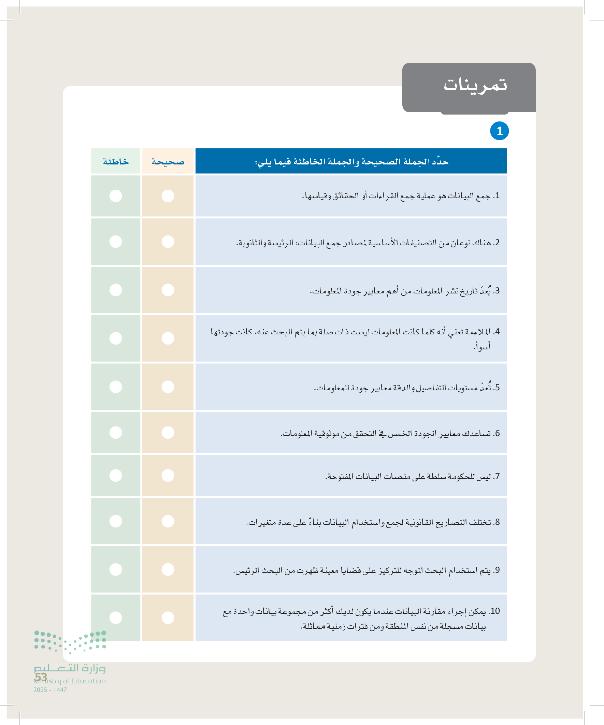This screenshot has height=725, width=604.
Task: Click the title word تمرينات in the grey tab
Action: [475, 85]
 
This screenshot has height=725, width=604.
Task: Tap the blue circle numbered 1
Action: [499, 131]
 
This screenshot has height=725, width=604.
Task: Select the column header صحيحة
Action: [168, 162]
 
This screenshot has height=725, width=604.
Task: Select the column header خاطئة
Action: [116, 162]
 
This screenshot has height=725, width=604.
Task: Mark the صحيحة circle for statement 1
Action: [168, 196]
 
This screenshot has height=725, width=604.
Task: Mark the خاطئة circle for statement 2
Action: [116, 242]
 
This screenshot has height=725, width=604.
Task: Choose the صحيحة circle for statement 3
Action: [168, 290]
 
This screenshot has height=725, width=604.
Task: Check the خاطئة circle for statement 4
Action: [116, 338]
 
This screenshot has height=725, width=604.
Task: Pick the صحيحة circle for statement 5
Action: [168, 387]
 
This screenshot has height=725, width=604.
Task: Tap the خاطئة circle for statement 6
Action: [116, 432]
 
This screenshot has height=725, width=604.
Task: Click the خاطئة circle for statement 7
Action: [116, 475]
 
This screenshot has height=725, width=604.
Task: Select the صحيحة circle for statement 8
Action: [168, 521]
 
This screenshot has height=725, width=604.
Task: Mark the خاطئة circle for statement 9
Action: [116, 569]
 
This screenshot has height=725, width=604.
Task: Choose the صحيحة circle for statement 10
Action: [168, 618]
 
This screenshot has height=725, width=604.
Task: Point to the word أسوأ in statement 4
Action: [482, 346]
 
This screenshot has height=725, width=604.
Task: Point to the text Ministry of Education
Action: [70, 681]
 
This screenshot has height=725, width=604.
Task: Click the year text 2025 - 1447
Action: [50, 690]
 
